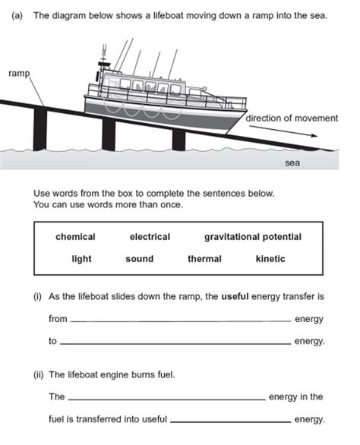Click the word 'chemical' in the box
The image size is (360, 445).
(x=75, y=237)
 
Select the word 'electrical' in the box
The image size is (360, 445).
(x=150, y=237)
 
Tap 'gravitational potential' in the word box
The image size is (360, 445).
(x=253, y=237)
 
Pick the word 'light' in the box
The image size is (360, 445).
(x=81, y=259)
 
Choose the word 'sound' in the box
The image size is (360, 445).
(x=139, y=259)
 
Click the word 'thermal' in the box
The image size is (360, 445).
(x=204, y=259)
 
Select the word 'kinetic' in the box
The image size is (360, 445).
(x=270, y=259)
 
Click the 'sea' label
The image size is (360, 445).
(x=292, y=163)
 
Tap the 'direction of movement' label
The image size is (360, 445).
(x=290, y=118)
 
